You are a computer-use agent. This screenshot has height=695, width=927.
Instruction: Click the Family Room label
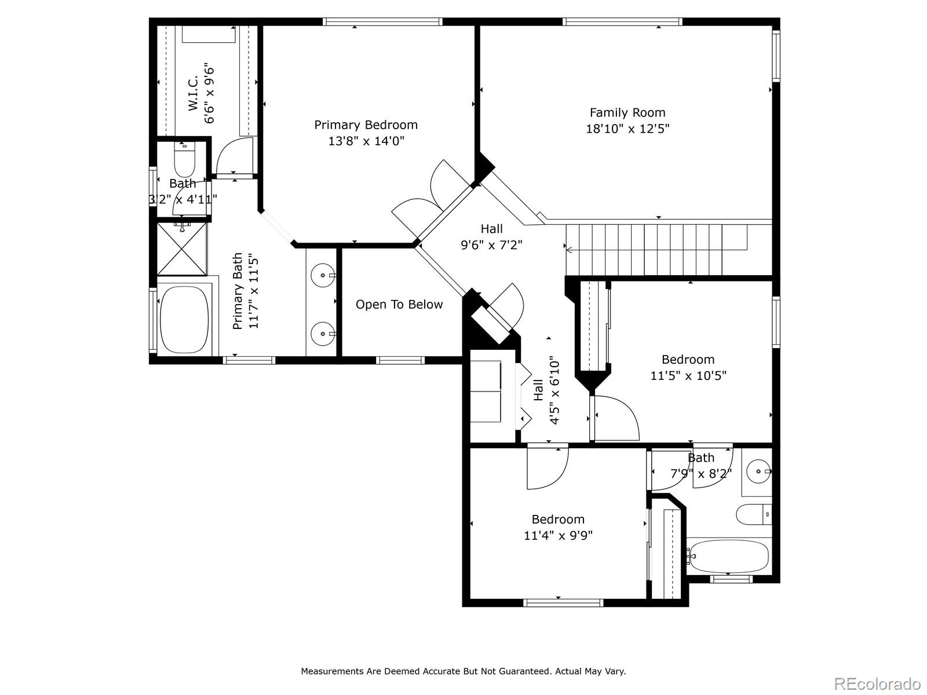click(x=627, y=113)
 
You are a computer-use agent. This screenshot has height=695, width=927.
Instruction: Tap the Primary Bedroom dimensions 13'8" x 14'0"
click(x=366, y=141)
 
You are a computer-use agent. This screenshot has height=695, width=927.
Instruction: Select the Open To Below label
click(x=399, y=305)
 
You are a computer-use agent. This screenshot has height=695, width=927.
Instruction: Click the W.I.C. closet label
click(x=193, y=93)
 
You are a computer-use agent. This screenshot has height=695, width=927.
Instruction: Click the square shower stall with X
click(x=182, y=249)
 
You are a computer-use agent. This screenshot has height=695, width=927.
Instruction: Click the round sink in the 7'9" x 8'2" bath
click(x=758, y=471)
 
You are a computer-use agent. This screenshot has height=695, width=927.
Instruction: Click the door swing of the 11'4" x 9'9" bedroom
click(x=548, y=468)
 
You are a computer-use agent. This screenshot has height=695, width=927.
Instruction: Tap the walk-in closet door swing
click(x=235, y=155)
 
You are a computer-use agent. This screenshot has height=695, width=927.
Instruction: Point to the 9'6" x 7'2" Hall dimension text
click(x=491, y=245)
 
